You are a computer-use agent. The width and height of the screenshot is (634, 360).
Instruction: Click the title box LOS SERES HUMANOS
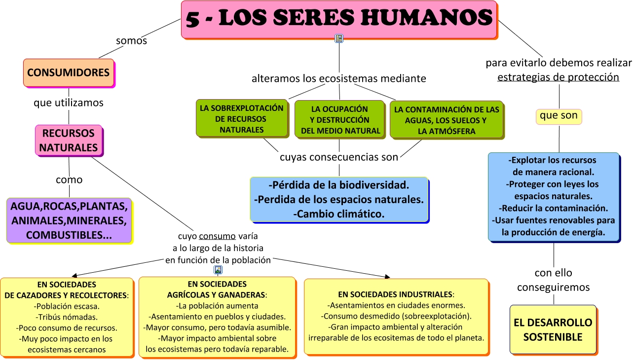tap(339, 19)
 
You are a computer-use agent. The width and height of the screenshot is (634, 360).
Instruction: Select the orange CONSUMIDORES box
tap(69, 72)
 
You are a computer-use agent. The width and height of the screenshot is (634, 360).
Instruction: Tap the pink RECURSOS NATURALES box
tap(69, 140)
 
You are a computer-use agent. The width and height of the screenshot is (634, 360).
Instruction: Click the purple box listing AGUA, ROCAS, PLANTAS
tap(69, 220)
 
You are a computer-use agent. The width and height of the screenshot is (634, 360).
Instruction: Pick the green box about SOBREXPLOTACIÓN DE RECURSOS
tap(241, 119)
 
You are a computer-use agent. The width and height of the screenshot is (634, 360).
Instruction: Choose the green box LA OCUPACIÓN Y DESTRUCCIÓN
tap(340, 120)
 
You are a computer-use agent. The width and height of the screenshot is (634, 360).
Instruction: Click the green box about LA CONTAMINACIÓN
tap(447, 120)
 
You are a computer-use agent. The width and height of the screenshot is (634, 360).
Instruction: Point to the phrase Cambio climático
tap(339, 214)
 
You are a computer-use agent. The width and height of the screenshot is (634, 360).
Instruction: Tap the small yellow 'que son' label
tap(559, 116)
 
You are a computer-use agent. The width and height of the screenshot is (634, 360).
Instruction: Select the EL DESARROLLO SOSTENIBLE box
tap(553, 330)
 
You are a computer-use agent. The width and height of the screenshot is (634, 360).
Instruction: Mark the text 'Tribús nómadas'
tap(67, 317)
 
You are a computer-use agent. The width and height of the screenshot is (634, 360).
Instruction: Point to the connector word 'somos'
tap(131, 40)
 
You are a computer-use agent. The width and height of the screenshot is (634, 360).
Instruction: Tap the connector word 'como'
tap(69, 180)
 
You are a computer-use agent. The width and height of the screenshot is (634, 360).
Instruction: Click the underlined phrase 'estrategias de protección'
tap(558, 77)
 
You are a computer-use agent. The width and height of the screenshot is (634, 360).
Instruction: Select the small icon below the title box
tap(339, 38)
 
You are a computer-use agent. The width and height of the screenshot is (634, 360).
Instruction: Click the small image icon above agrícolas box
tap(218, 270)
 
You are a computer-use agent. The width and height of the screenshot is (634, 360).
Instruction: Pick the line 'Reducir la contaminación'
tap(553, 208)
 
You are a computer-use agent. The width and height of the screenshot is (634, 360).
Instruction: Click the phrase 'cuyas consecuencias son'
tap(339, 157)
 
